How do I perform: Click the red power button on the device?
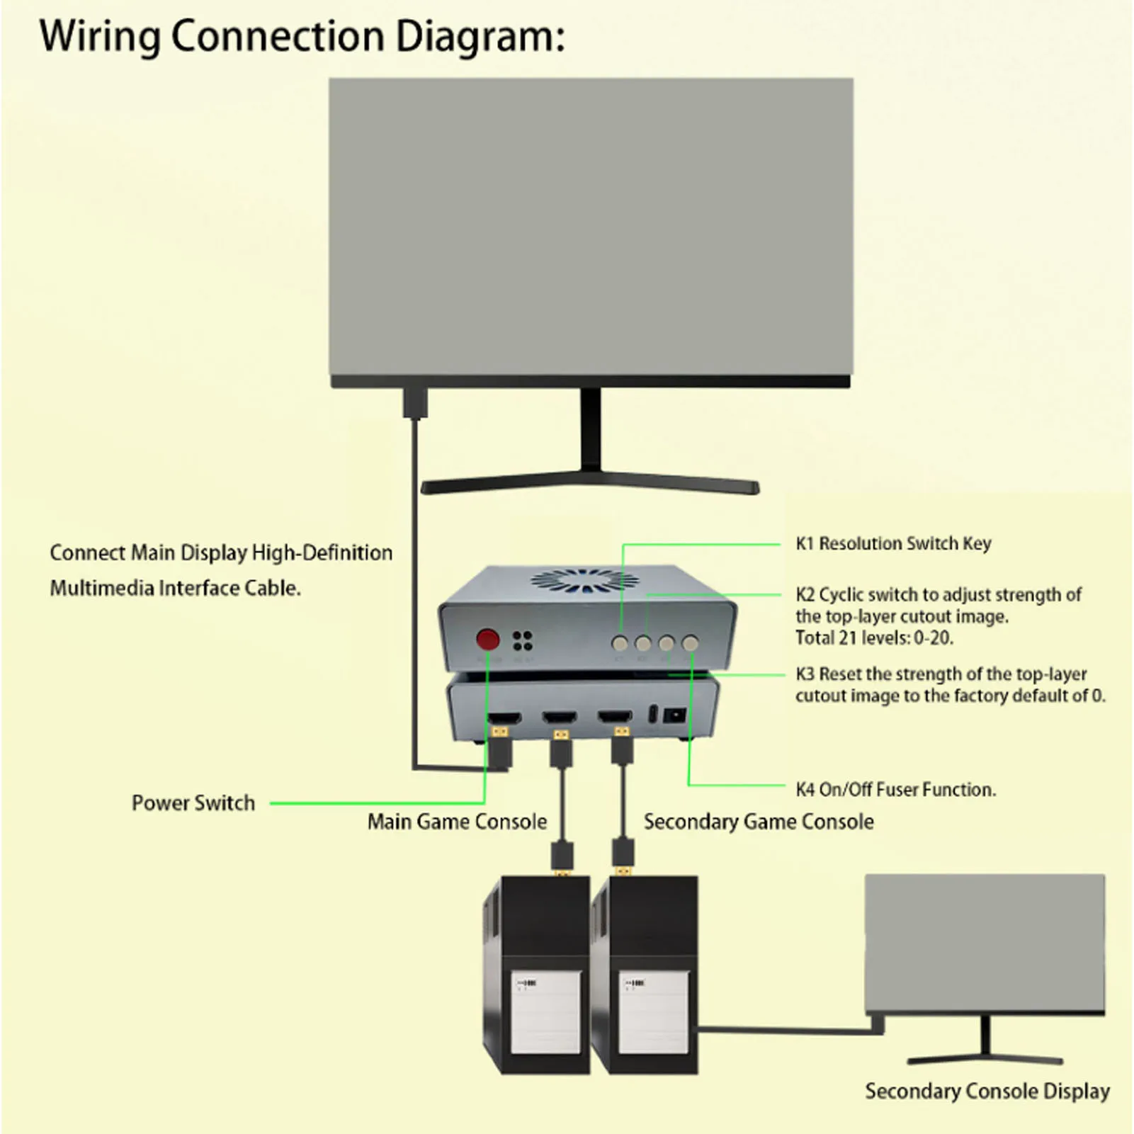tap(487, 640)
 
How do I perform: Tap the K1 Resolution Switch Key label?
tap(892, 544)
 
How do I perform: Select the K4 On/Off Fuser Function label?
tap(895, 790)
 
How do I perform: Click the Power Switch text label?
tap(193, 803)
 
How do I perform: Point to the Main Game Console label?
tap(457, 822)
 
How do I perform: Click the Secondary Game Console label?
tap(758, 822)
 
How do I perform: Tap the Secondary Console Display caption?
tap(987, 1092)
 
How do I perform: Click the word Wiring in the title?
tap(99, 37)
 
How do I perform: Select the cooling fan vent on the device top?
tap(584, 579)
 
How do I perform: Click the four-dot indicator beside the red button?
tap(523, 640)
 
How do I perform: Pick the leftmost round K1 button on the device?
tap(620, 643)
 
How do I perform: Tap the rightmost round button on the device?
tap(689, 643)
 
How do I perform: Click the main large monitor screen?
tap(591, 227)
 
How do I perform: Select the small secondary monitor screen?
tap(985, 942)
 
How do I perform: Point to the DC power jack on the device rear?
tap(675, 715)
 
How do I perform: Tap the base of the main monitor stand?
tap(589, 485)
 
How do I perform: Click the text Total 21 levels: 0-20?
tap(874, 638)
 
